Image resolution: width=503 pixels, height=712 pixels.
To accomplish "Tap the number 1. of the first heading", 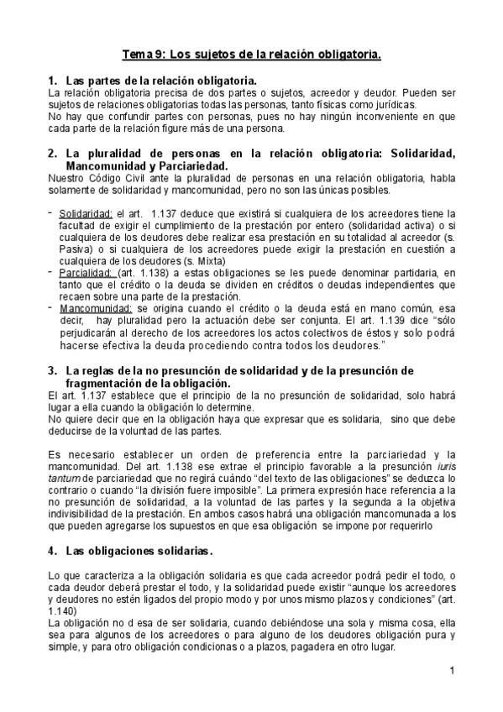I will [52, 80].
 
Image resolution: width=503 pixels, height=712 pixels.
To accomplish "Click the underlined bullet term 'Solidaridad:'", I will [86, 214].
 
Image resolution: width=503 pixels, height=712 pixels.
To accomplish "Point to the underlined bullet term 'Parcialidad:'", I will [86, 273].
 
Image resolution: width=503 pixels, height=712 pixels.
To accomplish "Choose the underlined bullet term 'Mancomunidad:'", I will [92, 308].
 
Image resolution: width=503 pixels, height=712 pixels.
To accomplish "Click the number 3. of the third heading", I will [52, 370].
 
